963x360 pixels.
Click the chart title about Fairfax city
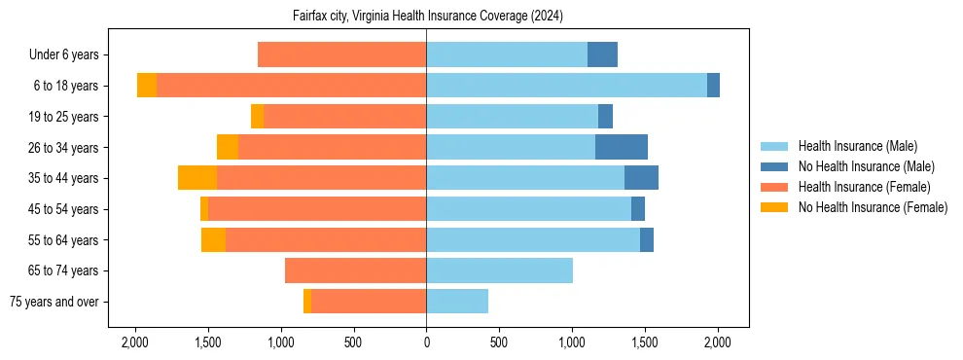(x=427, y=17)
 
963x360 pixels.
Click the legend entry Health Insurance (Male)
(x=857, y=146)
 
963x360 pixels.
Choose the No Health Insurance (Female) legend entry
(x=873, y=207)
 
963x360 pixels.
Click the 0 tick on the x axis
(x=426, y=342)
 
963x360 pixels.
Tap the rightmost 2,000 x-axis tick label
(x=717, y=342)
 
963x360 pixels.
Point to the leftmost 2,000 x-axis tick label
(x=134, y=342)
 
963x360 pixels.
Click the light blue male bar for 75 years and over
(x=457, y=302)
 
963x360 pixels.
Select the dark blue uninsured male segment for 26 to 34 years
(x=621, y=148)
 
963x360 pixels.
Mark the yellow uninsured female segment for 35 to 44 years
(x=197, y=178)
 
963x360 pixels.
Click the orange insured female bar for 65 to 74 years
(x=355, y=270)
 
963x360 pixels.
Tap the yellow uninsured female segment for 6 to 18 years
(x=147, y=86)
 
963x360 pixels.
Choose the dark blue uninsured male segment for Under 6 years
(x=602, y=55)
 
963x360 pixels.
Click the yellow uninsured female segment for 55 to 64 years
(x=213, y=240)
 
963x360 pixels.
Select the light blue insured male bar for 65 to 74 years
(x=499, y=270)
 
